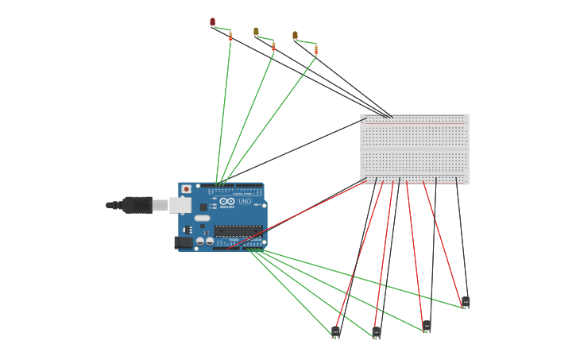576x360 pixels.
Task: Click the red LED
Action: click(212, 21)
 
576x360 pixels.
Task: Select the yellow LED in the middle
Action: click(256, 32)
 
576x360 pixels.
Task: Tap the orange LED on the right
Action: click(295, 35)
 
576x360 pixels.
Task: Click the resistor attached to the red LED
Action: click(230, 37)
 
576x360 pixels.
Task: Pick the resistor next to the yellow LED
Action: click(273, 47)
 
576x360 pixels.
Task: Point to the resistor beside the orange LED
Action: click(315, 50)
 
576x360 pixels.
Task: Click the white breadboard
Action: click(414, 149)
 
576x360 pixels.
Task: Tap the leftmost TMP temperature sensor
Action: click(335, 331)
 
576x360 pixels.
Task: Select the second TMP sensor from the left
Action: click(376, 331)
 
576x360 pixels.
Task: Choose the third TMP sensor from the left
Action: click(427, 325)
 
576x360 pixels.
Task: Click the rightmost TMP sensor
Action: click(466, 301)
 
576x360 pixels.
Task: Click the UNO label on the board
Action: click(245, 202)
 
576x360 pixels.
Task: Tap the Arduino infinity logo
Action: click(227, 202)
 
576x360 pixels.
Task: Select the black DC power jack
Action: click(184, 242)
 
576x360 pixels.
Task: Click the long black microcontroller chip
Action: click(237, 230)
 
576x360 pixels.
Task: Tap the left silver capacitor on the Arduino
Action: click(200, 240)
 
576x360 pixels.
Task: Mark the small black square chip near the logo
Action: click(203, 207)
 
